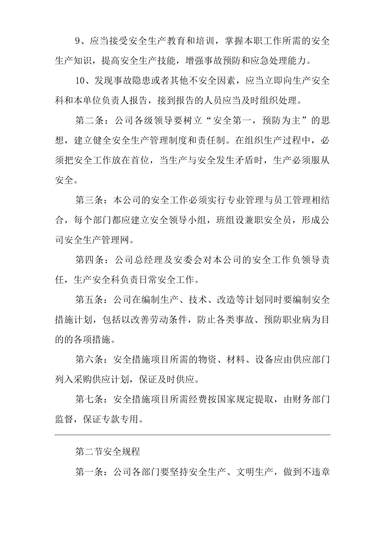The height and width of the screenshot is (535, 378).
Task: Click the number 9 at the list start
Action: pyautogui.click(x=78, y=41)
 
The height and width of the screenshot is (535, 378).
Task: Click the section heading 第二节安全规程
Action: pyautogui.click(x=107, y=452)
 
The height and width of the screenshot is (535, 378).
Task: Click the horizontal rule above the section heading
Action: pyautogui.click(x=192, y=435)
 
